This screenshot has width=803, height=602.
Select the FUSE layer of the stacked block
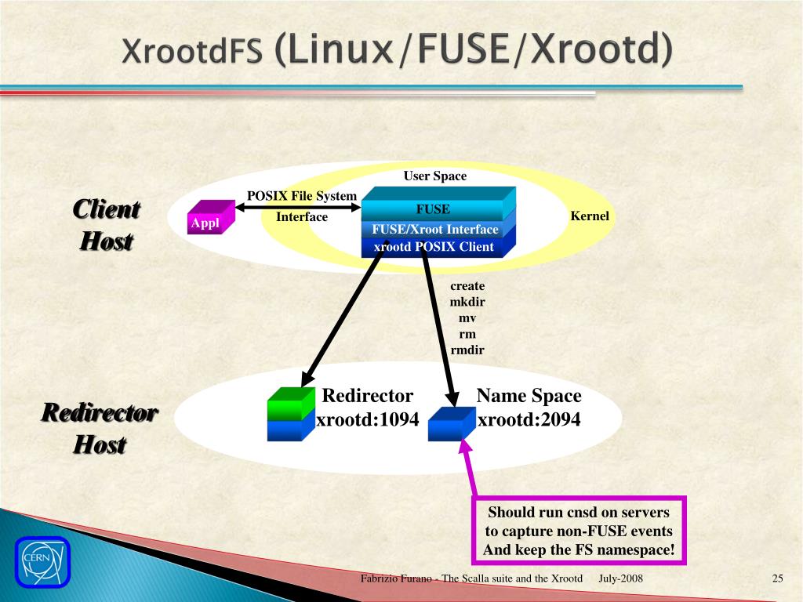433,209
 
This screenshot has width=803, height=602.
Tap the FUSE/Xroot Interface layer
435,229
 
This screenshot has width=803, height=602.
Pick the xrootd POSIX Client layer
434,247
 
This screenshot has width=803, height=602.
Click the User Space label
434,176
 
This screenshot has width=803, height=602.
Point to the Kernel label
590,216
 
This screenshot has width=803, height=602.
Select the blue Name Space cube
450,423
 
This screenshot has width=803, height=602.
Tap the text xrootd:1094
367,420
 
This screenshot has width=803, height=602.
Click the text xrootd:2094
529,420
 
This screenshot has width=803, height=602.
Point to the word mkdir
467,303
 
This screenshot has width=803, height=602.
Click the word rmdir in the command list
467,350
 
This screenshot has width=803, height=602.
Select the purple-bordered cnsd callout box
579,531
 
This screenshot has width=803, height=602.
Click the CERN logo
42,561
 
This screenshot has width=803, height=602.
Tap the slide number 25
777,578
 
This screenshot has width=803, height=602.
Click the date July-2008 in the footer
621,578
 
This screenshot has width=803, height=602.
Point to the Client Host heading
106,225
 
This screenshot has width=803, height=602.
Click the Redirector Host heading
100,429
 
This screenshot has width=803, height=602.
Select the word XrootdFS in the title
192,51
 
